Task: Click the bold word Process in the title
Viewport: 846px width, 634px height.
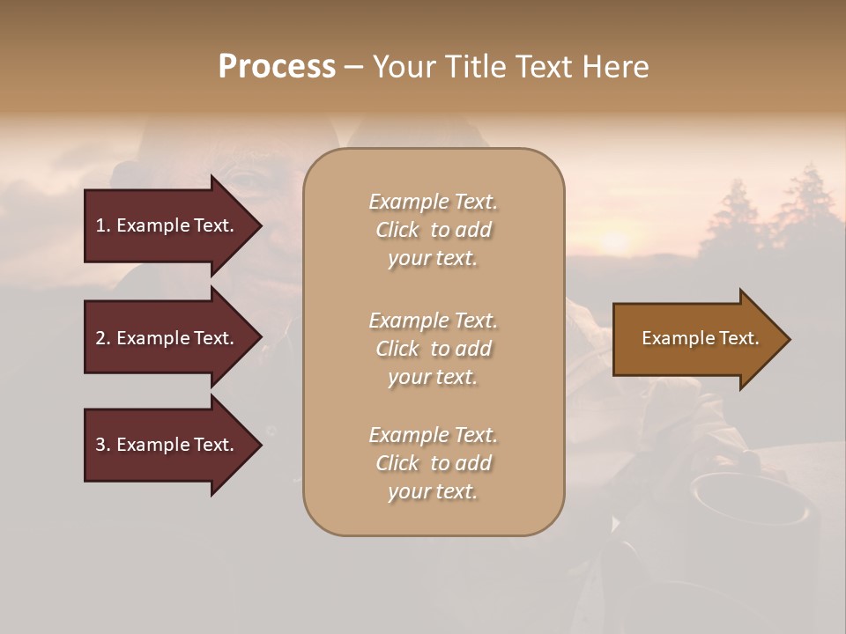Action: [x=277, y=67]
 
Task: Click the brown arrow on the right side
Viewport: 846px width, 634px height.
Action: [x=700, y=339]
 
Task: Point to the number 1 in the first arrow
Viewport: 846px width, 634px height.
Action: [x=100, y=225]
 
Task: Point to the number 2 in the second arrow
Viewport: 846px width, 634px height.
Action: [x=100, y=338]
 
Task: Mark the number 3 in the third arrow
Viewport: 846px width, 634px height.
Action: [x=100, y=445]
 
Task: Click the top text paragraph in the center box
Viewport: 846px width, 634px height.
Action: [x=433, y=230]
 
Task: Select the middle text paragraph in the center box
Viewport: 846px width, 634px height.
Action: [x=433, y=349]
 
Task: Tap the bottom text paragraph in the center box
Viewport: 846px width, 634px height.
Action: [x=433, y=463]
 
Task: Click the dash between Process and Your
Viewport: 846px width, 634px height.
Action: [x=353, y=68]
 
